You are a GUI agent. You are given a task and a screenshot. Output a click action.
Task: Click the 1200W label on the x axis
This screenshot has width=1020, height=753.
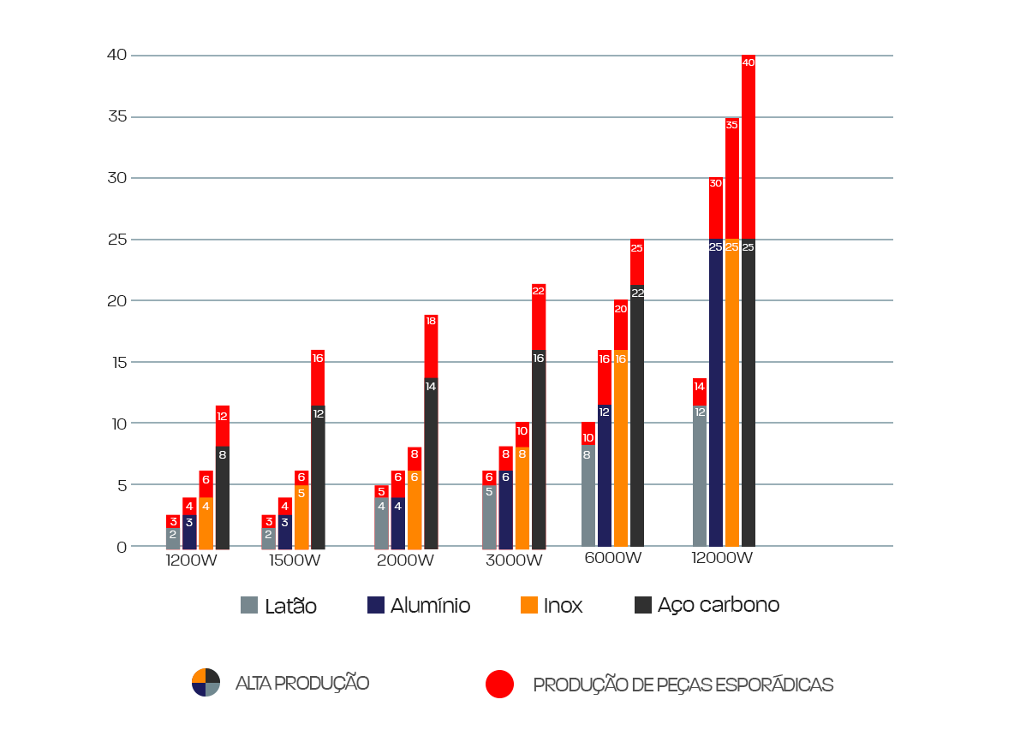click(192, 561)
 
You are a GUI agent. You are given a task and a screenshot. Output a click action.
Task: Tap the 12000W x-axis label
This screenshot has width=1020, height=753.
click(723, 558)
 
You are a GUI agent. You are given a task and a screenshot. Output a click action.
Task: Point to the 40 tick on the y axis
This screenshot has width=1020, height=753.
click(116, 55)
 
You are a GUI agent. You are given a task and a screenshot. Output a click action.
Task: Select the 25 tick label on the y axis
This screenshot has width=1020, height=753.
click(116, 240)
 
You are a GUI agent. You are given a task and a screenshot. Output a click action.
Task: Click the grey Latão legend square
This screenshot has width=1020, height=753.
click(249, 605)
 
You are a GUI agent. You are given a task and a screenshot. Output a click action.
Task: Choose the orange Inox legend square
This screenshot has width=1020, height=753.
click(529, 605)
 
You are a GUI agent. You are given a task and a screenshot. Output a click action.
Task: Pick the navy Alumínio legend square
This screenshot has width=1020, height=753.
click(375, 605)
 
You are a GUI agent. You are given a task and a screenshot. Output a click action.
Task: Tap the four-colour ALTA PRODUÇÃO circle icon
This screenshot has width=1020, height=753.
click(206, 683)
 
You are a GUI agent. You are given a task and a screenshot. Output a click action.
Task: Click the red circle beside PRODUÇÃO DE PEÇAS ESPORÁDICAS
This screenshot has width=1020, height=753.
click(499, 684)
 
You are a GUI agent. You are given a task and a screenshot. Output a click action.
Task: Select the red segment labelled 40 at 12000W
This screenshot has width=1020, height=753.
click(749, 145)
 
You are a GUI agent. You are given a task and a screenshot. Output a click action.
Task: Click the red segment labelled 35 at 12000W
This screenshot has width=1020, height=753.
click(732, 178)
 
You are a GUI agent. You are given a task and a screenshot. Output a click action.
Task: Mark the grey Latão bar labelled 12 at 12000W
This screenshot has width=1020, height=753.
click(700, 475)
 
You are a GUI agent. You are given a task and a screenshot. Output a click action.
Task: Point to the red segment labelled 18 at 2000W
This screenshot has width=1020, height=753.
click(431, 346)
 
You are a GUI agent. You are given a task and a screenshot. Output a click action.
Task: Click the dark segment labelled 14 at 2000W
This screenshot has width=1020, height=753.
click(431, 462)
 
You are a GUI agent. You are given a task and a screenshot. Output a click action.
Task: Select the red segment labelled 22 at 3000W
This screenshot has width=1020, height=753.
click(539, 317)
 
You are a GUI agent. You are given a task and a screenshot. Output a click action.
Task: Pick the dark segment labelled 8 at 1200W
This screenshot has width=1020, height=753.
click(223, 497)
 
